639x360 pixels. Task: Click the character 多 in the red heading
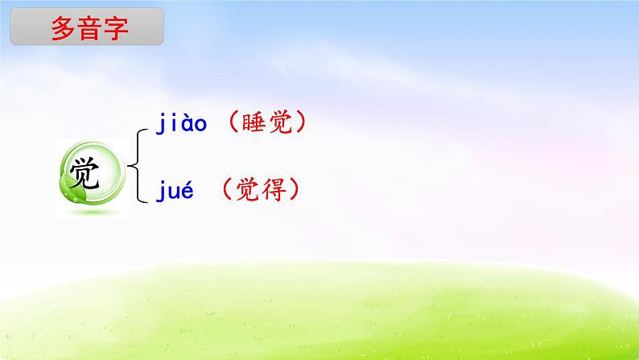(x=63, y=28)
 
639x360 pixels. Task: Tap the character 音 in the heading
(x=89, y=28)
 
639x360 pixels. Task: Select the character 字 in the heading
(x=116, y=28)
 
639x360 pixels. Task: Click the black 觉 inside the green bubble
(x=85, y=173)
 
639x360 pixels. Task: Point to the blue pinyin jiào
(x=181, y=122)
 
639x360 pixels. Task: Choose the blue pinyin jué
(x=175, y=191)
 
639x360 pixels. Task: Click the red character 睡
(x=254, y=122)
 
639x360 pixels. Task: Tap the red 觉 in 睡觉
(x=280, y=122)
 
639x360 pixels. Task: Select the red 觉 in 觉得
(x=248, y=189)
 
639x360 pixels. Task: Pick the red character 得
(x=274, y=189)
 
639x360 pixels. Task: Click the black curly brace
(x=138, y=166)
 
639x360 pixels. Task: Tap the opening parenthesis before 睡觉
(x=233, y=122)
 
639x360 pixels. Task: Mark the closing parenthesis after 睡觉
(x=301, y=122)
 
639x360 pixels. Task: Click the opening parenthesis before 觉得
(x=227, y=189)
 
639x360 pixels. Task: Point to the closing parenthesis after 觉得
(x=295, y=189)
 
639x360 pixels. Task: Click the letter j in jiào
(x=160, y=123)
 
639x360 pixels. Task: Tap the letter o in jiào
(x=200, y=124)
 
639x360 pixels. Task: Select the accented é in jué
(x=186, y=190)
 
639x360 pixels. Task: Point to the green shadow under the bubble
(x=92, y=212)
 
